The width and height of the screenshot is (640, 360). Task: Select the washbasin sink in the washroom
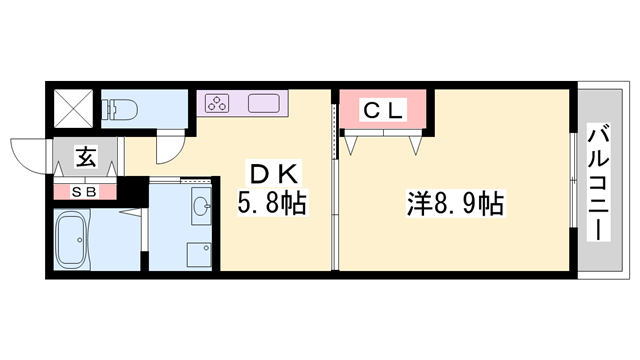(200, 207)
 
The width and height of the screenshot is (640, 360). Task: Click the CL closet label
(382, 111)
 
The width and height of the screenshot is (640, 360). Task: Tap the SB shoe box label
(83, 190)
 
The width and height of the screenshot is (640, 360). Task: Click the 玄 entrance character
(86, 156)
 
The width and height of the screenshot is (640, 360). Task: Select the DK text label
(273, 172)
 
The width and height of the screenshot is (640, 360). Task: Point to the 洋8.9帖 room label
(454, 204)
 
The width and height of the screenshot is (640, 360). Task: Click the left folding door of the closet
(353, 143)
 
